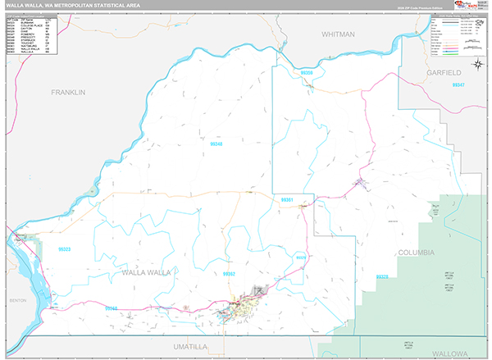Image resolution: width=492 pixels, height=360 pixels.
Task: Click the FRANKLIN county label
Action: click(x=67, y=93)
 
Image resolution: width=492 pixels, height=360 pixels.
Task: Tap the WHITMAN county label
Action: click(x=339, y=34)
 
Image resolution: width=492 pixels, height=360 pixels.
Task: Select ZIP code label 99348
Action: click(x=216, y=144)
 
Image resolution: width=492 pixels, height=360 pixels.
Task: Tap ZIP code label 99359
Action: click(x=307, y=73)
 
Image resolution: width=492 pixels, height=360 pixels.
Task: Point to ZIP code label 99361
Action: click(x=287, y=199)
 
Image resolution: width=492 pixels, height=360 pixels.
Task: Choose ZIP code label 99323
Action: click(x=64, y=248)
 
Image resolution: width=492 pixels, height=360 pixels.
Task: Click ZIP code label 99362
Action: click(x=229, y=274)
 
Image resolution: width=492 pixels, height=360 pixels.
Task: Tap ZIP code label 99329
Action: click(x=301, y=257)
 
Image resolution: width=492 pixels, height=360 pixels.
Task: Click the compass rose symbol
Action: click(x=476, y=62)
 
